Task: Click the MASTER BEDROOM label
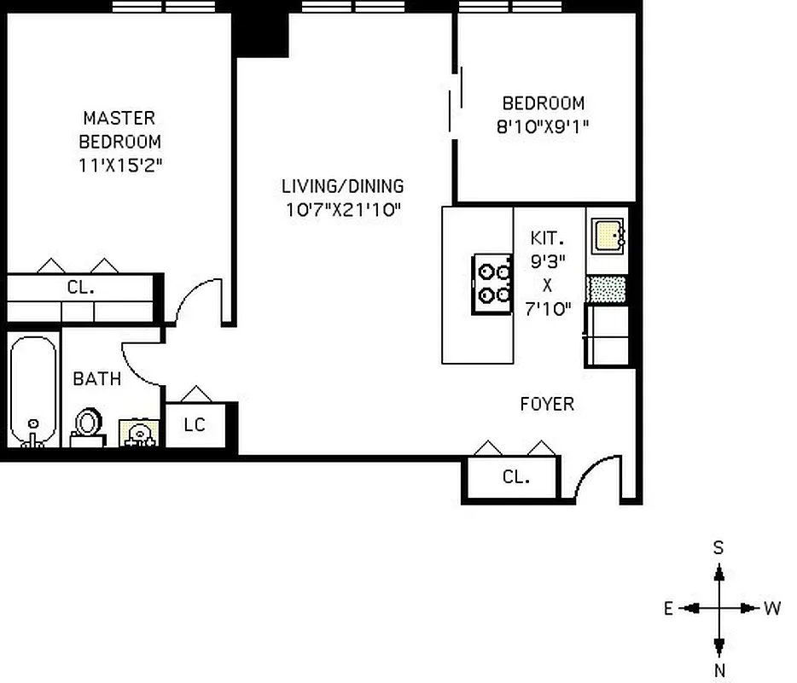point(119,129)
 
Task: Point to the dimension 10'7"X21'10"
point(343,209)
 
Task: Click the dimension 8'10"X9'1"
point(544,126)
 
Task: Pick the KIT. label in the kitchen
point(545,238)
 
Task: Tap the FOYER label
point(547,404)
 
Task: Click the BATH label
point(96,378)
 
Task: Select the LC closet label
point(195,424)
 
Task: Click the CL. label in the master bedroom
point(81,288)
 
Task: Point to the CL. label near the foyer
point(515,477)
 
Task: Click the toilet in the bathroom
point(87,424)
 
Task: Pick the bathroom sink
point(137,433)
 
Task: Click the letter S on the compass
point(718,548)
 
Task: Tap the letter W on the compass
point(772,609)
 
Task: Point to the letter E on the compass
point(669,609)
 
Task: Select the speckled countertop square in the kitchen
point(607,289)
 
